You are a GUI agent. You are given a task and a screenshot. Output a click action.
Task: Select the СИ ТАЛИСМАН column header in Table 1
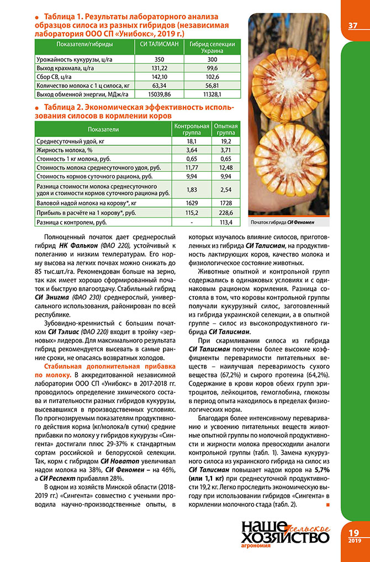159,44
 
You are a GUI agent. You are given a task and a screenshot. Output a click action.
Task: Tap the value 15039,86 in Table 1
159,94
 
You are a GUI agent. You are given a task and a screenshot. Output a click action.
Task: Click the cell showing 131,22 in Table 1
159,67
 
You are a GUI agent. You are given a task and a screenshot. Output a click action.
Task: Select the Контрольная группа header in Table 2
191,129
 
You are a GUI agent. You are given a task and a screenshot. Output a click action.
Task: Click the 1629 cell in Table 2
191,202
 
